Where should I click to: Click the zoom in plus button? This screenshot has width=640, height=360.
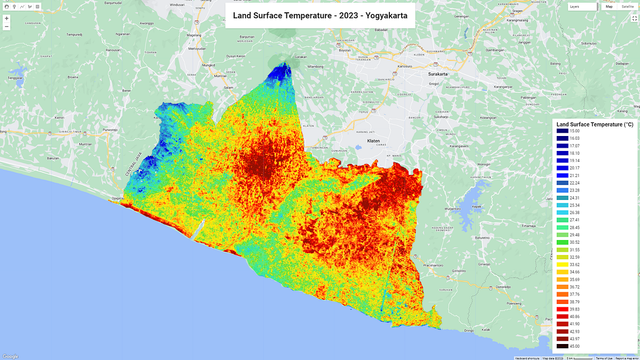click(x=6, y=18)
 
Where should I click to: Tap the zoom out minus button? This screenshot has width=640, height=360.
click(x=6, y=26)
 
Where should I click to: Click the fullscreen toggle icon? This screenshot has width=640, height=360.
click(x=634, y=18)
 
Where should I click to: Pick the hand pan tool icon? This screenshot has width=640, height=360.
click(x=6, y=6)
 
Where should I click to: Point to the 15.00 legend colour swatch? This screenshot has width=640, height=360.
click(x=562, y=131)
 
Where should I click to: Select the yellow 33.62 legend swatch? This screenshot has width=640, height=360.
click(x=562, y=264)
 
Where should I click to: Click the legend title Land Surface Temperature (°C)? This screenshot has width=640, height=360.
click(x=595, y=124)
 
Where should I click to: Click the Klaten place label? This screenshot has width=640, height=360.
click(x=373, y=141)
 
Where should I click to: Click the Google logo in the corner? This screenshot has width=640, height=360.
click(x=10, y=356)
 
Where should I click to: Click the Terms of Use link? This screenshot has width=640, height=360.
click(x=604, y=358)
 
